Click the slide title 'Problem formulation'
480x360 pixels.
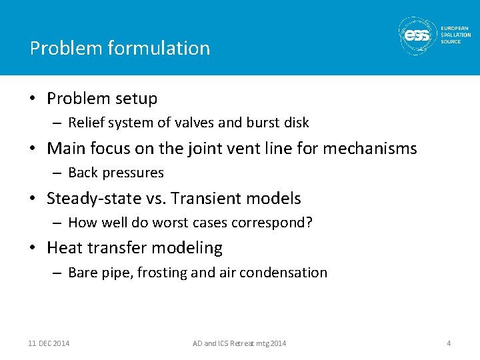click(120, 48)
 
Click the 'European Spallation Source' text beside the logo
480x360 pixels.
click(455, 35)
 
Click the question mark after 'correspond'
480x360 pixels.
click(309, 223)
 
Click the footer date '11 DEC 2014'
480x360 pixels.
click(49, 343)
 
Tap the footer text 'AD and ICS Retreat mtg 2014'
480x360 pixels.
click(239, 343)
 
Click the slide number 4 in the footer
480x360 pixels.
click(449, 343)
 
